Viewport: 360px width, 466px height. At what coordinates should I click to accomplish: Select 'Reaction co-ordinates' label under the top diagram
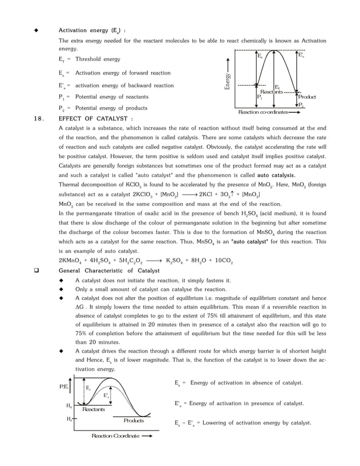[264, 112]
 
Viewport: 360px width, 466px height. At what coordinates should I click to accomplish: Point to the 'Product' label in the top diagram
[307, 97]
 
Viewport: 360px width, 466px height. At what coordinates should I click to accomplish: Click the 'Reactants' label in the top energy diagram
[271, 91]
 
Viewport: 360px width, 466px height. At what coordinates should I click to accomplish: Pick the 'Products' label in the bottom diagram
[134, 421]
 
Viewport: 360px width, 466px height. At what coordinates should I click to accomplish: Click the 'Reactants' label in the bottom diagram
[94, 409]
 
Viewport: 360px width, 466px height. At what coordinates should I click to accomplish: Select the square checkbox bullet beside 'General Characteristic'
[37, 271]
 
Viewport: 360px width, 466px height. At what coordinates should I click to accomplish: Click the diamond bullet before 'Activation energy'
[37, 30]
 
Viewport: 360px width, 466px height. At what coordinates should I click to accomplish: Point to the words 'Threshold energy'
[98, 59]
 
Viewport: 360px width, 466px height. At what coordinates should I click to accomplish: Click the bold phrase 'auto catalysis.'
[276, 175]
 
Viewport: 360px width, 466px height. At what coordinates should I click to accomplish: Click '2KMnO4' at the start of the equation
[71, 261]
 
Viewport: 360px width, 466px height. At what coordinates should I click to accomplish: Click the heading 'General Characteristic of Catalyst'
[109, 271]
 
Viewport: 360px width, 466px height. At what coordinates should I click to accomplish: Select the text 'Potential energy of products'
[111, 108]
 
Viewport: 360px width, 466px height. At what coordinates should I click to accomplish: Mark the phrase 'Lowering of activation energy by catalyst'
[255, 423]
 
